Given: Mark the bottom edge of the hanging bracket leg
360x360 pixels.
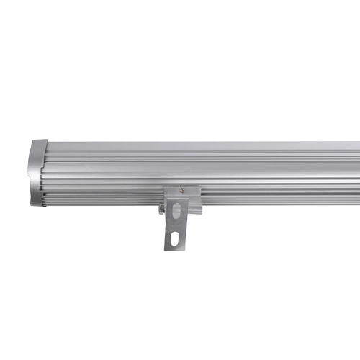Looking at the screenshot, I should (x=178, y=250).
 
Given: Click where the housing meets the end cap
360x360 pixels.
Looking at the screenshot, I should (x=49, y=173).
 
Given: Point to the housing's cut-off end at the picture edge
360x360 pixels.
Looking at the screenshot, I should (x=357, y=173).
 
